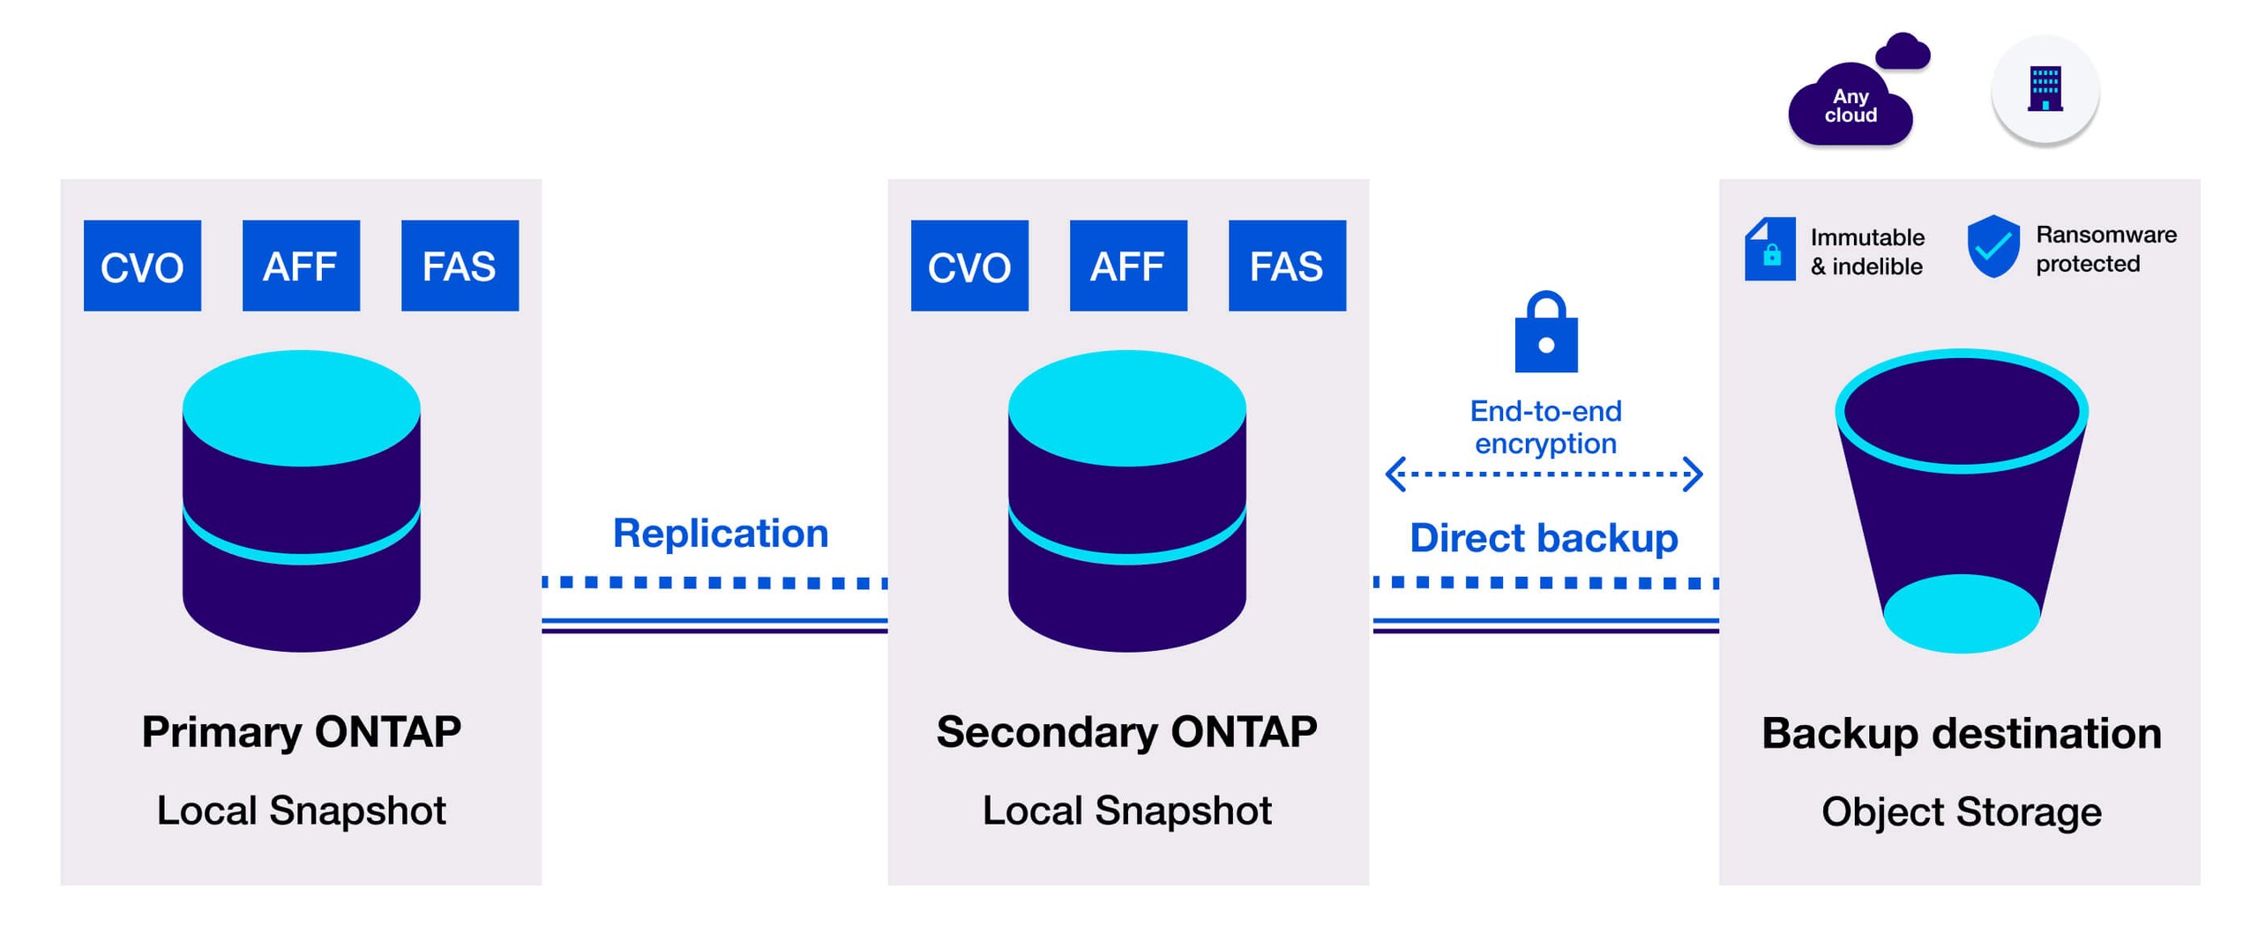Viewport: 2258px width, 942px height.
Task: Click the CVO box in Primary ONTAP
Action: [142, 265]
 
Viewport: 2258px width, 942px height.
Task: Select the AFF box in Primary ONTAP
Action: [301, 265]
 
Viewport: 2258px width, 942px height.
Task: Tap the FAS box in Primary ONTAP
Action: [460, 265]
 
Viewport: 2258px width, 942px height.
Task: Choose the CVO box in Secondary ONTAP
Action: [969, 265]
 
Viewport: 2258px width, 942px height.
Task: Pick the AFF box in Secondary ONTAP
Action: [1128, 265]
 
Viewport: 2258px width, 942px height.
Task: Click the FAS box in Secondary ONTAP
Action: [1287, 265]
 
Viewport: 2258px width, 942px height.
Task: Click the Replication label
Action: [721, 534]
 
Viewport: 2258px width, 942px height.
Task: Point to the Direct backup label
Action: [1544, 538]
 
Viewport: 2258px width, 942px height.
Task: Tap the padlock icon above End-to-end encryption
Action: [1546, 333]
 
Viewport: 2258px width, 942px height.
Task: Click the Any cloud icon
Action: [1851, 104]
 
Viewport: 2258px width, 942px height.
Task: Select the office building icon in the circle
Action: [2045, 90]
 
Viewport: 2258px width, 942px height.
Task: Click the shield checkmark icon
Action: [1993, 247]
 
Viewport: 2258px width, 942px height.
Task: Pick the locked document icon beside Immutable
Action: [1769, 249]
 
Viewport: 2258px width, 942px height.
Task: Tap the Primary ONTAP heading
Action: [301, 732]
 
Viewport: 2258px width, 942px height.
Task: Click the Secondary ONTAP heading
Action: [1126, 732]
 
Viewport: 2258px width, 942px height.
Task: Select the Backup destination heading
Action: [1962, 734]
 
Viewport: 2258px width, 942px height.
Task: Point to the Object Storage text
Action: [1962, 812]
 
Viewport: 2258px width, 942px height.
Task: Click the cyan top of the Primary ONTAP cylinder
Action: [301, 407]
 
